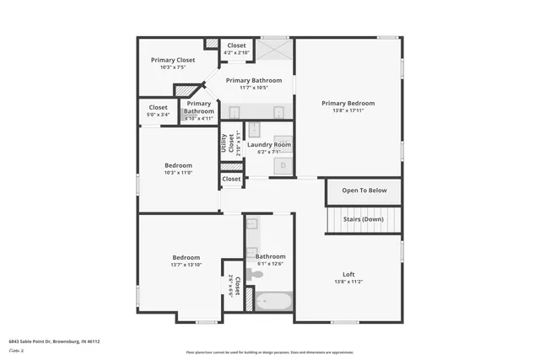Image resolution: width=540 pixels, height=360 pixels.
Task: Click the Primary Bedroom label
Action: (x=348, y=103)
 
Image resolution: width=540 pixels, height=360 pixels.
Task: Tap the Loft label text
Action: (x=348, y=273)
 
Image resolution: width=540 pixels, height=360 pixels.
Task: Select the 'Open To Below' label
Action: (x=364, y=191)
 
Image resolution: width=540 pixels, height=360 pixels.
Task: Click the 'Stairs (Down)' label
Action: (x=364, y=219)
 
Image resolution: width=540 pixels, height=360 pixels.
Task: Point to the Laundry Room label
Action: (x=268, y=145)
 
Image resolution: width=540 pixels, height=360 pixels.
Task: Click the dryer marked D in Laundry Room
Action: (x=283, y=165)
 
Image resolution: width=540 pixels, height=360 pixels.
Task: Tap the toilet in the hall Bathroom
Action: (x=256, y=274)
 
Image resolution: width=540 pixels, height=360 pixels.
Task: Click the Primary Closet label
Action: (x=173, y=60)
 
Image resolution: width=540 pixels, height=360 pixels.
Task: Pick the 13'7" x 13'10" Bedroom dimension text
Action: (x=186, y=265)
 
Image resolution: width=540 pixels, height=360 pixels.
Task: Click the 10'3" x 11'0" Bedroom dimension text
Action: (x=178, y=173)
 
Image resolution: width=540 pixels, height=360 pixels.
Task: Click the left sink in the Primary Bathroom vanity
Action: (x=235, y=111)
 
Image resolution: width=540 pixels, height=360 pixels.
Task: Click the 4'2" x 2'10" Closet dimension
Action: (x=236, y=53)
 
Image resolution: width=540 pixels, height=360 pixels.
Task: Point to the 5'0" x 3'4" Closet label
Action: (x=159, y=115)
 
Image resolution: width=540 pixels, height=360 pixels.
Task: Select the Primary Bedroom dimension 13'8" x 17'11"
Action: (x=348, y=110)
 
